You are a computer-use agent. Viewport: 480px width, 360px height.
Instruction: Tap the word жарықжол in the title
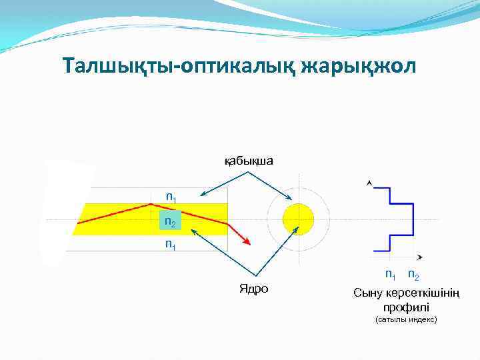pos(359,66)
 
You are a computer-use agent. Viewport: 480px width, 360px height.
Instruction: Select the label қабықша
pos(249,161)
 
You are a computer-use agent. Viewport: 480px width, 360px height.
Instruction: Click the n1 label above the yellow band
pos(171,197)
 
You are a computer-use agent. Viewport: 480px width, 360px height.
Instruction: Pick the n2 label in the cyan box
pos(171,222)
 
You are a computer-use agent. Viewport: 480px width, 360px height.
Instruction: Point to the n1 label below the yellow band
pos(171,245)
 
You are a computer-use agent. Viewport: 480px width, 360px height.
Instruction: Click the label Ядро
pos(253,289)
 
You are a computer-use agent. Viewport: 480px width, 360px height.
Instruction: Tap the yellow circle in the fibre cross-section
pos(298,219)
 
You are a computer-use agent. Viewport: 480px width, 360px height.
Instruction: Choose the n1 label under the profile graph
pos(390,274)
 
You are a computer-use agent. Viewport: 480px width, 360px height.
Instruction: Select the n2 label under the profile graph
pos(413,274)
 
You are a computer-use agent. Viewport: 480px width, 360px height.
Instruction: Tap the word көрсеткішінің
pos(423,293)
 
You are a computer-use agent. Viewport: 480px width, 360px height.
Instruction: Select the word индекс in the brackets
pos(422,320)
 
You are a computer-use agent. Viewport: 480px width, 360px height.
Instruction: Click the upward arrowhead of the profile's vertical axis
pos(370,181)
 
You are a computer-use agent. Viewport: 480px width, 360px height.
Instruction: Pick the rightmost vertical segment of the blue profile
pos(414,219)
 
